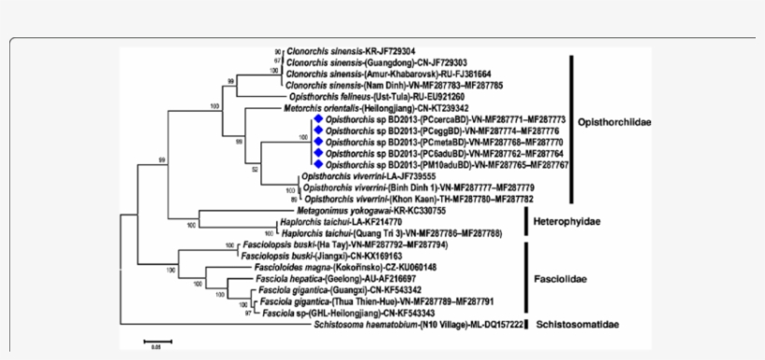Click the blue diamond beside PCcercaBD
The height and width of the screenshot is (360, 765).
point(318,120)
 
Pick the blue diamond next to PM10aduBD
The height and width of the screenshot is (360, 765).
point(318,164)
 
